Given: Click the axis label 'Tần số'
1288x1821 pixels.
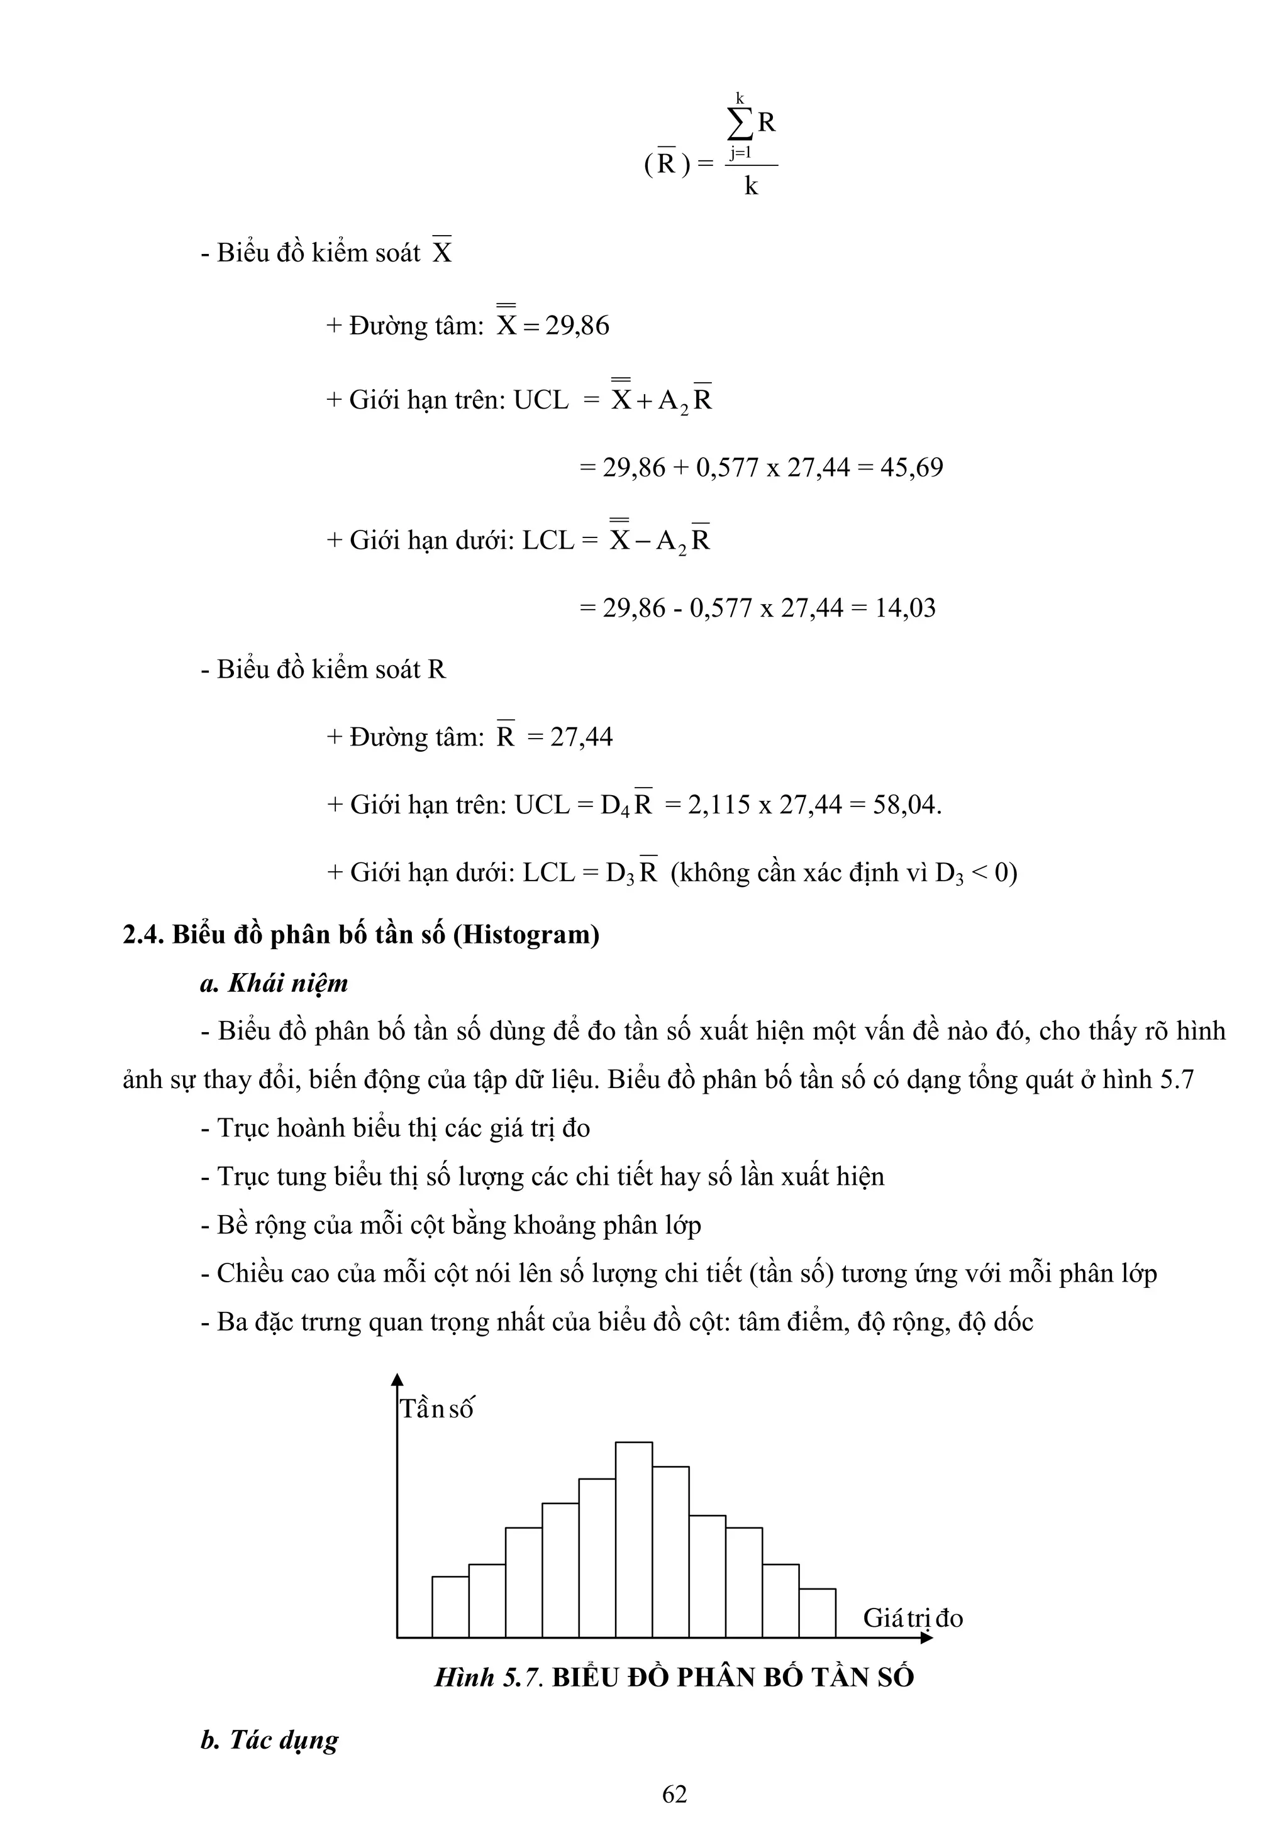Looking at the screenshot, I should tap(436, 1409).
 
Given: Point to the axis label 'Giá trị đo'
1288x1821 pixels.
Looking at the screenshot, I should tap(913, 1618).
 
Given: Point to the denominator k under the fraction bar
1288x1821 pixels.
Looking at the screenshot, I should tap(751, 187).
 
